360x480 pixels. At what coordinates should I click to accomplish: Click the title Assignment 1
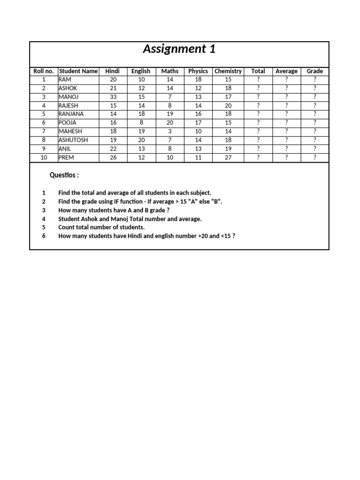179,49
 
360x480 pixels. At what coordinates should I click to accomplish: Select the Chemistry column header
228,71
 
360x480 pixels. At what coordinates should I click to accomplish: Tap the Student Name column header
78,71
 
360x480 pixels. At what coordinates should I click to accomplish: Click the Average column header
286,71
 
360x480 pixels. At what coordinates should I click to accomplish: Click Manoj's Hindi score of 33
113,97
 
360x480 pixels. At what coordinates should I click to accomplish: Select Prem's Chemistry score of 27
228,157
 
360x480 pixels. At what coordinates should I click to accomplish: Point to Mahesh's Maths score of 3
170,132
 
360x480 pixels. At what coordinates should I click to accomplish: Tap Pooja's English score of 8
141,123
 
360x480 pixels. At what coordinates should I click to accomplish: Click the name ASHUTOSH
73,140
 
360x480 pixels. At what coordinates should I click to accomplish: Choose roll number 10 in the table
44,157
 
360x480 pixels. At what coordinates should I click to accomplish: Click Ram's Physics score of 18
198,80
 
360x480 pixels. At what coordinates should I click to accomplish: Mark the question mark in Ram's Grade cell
315,80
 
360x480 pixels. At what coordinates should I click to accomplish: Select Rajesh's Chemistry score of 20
228,106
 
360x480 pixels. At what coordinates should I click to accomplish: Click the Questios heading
64,175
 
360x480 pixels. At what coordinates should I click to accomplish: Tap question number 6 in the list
44,236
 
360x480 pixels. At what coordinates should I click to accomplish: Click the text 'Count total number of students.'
101,227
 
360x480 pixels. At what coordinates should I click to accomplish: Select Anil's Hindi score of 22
113,149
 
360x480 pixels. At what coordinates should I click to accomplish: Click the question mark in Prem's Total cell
258,157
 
